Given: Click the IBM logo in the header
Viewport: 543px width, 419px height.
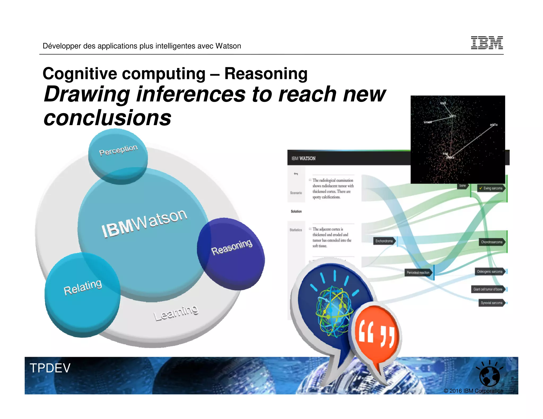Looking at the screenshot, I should click(487, 43).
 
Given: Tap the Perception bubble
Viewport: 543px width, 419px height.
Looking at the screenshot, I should click(118, 156).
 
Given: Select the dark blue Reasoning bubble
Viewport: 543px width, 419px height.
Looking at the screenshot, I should click(231, 253).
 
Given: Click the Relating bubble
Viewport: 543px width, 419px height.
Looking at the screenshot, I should click(82, 294).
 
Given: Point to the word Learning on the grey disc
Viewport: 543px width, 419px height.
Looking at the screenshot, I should click(176, 313).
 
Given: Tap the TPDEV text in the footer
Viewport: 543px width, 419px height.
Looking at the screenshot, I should click(50, 368).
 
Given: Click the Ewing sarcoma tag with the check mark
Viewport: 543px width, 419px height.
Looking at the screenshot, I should click(492, 188).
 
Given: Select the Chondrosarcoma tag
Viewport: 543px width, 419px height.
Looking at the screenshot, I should click(492, 242).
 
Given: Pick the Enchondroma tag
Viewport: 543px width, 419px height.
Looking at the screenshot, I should click(384, 241).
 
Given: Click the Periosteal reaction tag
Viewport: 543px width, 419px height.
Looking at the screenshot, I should click(418, 273).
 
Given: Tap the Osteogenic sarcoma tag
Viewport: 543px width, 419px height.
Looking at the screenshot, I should click(490, 271).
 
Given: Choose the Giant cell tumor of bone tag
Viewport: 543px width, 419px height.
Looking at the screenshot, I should click(488, 289).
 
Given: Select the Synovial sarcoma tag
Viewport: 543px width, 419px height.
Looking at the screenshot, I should click(492, 303).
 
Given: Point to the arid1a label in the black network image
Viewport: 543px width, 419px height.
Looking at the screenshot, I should click(493, 124).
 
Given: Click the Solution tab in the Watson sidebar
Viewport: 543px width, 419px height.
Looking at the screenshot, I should click(296, 211).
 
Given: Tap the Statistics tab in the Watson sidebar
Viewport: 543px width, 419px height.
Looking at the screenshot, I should click(296, 230).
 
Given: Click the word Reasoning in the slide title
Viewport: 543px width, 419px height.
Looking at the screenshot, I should click(266, 74).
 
